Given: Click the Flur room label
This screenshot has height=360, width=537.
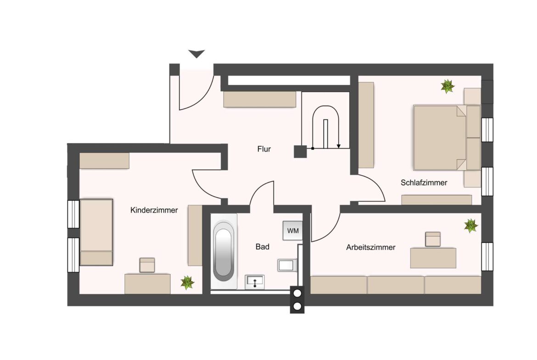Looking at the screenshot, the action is (x=264, y=149).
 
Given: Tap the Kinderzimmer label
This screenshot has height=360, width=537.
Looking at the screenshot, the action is (x=154, y=210).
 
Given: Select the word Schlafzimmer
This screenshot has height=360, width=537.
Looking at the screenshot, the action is (x=424, y=183).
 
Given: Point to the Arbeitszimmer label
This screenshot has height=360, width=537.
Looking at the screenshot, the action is (x=371, y=247).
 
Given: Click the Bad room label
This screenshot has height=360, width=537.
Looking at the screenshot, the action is (x=263, y=247).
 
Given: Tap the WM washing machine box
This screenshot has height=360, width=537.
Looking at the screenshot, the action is (x=293, y=231).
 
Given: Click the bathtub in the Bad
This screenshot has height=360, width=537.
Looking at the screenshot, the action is (x=224, y=251).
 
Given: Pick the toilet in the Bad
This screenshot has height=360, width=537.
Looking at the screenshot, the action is (x=287, y=265).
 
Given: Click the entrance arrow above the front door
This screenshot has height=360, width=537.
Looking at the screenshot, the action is (x=196, y=54).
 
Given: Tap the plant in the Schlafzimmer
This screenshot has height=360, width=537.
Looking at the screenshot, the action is (x=447, y=86).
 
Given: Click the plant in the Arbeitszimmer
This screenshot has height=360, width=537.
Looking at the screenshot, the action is (x=471, y=226).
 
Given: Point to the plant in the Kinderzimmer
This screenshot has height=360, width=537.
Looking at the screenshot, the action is (x=187, y=282).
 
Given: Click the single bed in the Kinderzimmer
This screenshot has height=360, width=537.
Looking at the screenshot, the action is (x=96, y=233).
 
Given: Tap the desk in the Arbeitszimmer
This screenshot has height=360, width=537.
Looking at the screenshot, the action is (x=433, y=258).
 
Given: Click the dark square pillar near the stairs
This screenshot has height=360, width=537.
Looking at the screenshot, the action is (x=300, y=152).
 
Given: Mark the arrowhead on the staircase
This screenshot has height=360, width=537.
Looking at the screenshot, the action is (x=339, y=146).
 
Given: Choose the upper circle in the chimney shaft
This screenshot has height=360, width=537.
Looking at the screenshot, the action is (x=297, y=293).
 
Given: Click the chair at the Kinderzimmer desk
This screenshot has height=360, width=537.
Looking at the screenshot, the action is (x=147, y=265).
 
